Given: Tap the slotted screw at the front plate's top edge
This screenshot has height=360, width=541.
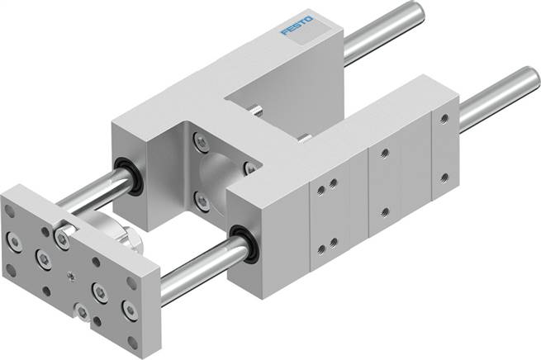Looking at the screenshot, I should pos(61,236).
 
